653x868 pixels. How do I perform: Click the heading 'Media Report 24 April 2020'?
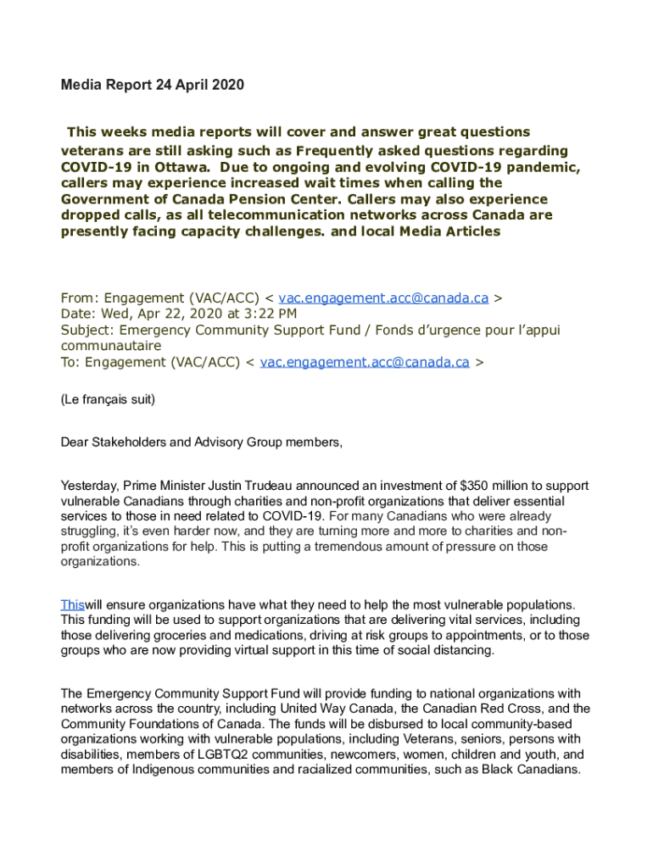click(152, 86)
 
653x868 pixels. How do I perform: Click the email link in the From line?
click(383, 298)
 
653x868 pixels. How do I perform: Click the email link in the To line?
click(365, 362)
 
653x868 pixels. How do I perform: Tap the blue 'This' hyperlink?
click(72, 604)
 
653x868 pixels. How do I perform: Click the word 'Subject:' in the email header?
click(87, 330)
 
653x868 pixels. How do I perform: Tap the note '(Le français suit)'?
click(108, 398)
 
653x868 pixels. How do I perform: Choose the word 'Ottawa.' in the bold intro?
click(182, 166)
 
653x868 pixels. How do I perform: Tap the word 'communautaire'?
click(111, 346)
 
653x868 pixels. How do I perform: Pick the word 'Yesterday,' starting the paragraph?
click(90, 486)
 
